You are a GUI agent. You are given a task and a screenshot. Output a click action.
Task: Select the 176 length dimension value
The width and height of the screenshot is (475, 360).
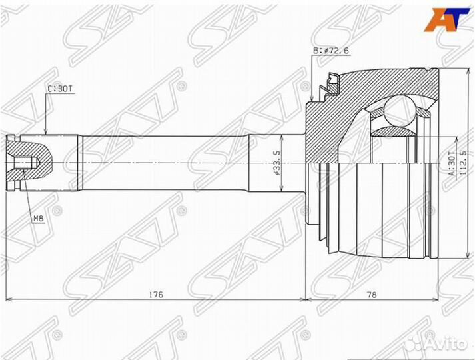tap(156, 294)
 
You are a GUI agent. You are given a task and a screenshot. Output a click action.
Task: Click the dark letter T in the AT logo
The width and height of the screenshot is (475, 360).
tap(456, 19)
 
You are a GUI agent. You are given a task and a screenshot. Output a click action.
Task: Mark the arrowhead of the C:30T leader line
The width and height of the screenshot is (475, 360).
tap(45, 132)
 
